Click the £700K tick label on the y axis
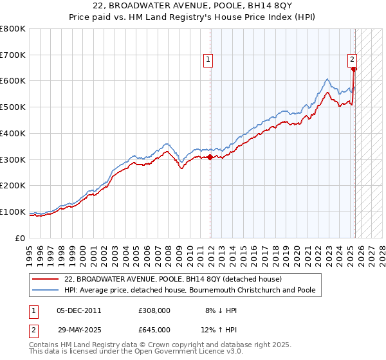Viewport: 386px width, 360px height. [x=12, y=55]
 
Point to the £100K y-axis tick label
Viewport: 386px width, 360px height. [x=12, y=212]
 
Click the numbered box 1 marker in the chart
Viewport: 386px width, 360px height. [x=208, y=60]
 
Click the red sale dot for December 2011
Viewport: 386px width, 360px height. [x=210, y=157]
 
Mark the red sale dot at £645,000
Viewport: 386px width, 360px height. [x=354, y=69]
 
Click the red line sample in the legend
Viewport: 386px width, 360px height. [x=46, y=279]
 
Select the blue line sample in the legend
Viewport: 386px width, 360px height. [x=46, y=291]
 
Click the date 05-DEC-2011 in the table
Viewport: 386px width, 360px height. [x=79, y=310]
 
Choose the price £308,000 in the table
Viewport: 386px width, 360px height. [x=154, y=310]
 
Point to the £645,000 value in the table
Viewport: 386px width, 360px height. [x=154, y=329]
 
